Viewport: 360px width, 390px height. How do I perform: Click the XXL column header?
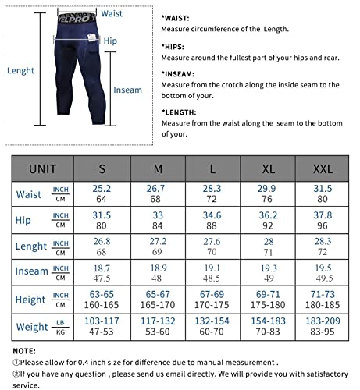pos(321,168)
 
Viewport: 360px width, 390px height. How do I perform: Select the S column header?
pos(102,168)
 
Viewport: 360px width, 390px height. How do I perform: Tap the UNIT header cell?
pos(42,168)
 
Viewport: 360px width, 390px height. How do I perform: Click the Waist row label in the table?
pos(29,194)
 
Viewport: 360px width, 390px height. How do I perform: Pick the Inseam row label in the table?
pos(32,271)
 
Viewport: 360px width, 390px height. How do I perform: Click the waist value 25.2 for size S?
pos(102,189)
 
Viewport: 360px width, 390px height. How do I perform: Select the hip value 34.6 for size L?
pos(212,214)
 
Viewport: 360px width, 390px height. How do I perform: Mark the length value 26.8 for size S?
pos(102,240)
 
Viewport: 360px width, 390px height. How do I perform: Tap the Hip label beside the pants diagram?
pos(110,40)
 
